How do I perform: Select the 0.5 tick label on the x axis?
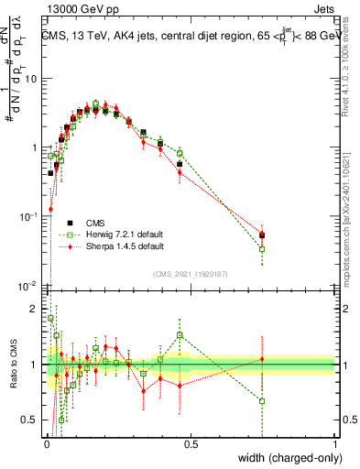pyautogui.click(x=191, y=443)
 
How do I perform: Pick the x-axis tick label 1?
pyautogui.click(x=334, y=443)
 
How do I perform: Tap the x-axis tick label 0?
pyautogui.click(x=47, y=443)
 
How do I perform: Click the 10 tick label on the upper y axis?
pyautogui.click(x=32, y=78)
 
